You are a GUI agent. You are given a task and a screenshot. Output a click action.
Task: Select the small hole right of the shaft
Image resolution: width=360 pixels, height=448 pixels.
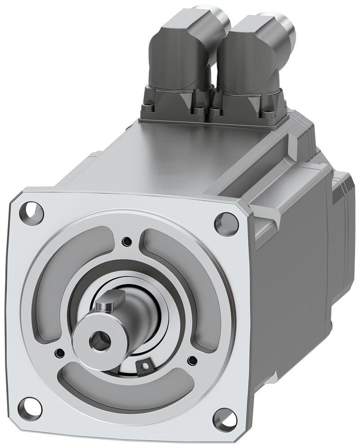[193, 359]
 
